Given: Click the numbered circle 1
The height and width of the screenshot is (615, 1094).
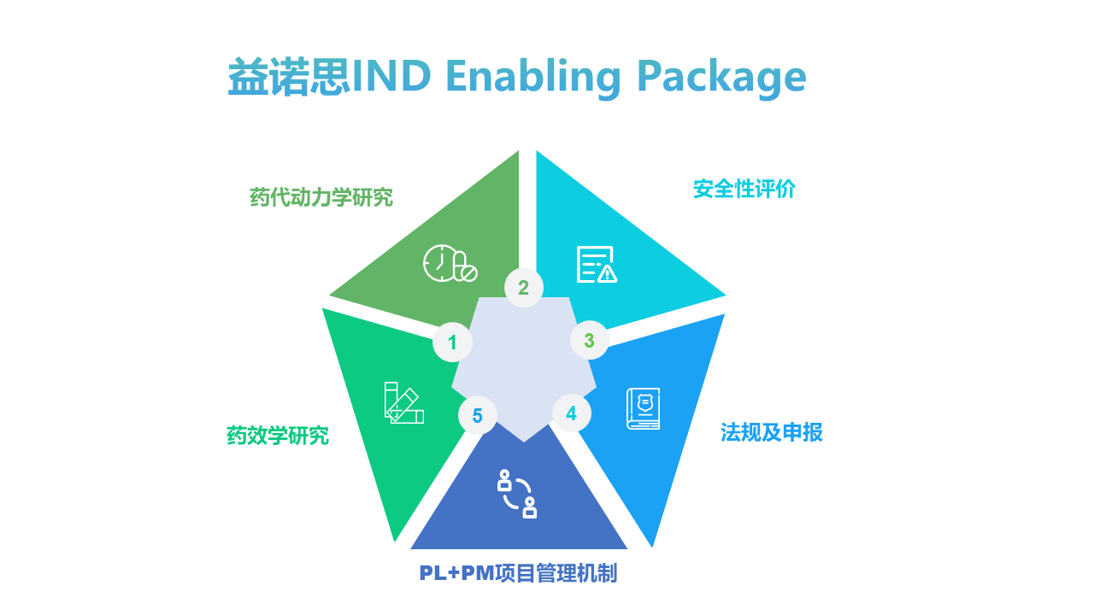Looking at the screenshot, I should (x=452, y=343).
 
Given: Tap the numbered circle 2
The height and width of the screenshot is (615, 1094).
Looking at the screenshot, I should (x=523, y=288).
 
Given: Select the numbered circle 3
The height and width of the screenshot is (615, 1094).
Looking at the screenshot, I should (x=589, y=340).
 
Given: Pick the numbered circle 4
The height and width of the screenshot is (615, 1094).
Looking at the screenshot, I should (x=571, y=413).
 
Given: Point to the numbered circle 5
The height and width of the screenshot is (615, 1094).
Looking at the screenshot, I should (x=477, y=416).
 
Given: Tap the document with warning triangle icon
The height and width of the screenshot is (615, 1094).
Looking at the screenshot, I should (x=597, y=265).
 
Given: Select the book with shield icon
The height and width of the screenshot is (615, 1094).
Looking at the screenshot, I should (x=644, y=408).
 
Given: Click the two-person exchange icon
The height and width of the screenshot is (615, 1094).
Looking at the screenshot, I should (x=517, y=494).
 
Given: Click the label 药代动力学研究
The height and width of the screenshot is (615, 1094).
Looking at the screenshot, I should (x=321, y=197).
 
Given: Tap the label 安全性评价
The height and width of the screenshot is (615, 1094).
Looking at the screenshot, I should (x=744, y=189).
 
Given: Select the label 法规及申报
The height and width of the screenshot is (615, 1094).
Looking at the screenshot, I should (x=771, y=432).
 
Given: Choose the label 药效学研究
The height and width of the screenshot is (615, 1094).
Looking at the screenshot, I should (x=278, y=436).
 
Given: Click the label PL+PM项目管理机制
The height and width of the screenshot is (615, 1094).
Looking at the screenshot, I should (x=518, y=573).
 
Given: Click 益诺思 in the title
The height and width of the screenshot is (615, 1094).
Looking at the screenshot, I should (x=289, y=78).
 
